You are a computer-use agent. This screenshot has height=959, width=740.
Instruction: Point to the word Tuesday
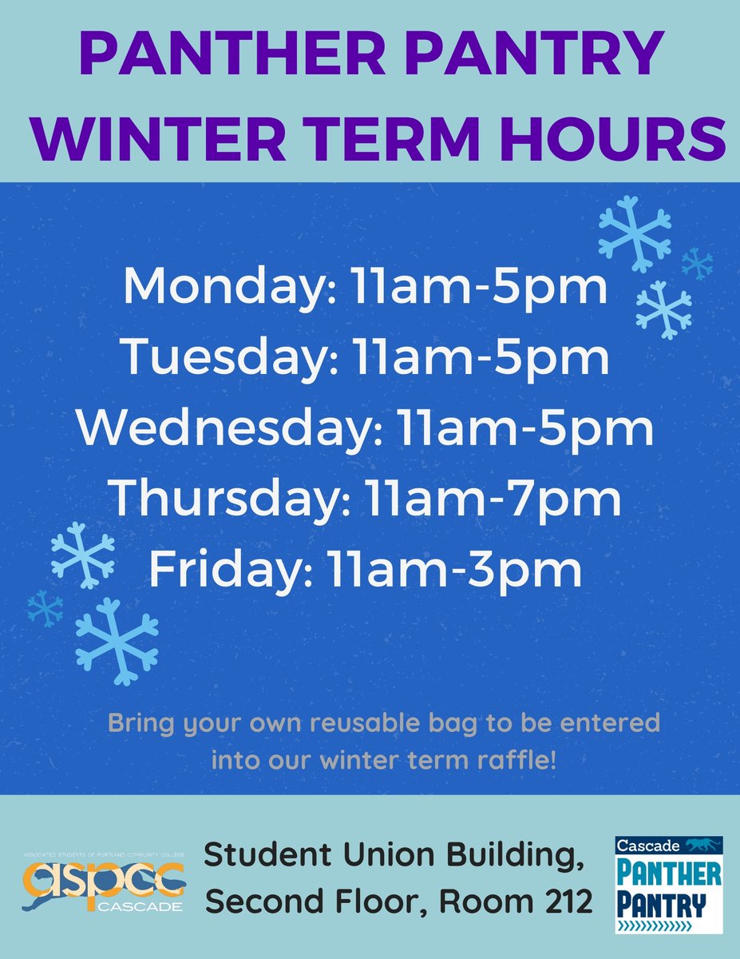coord(220,359)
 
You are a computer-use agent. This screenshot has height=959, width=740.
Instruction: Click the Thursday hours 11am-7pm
coord(493,499)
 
